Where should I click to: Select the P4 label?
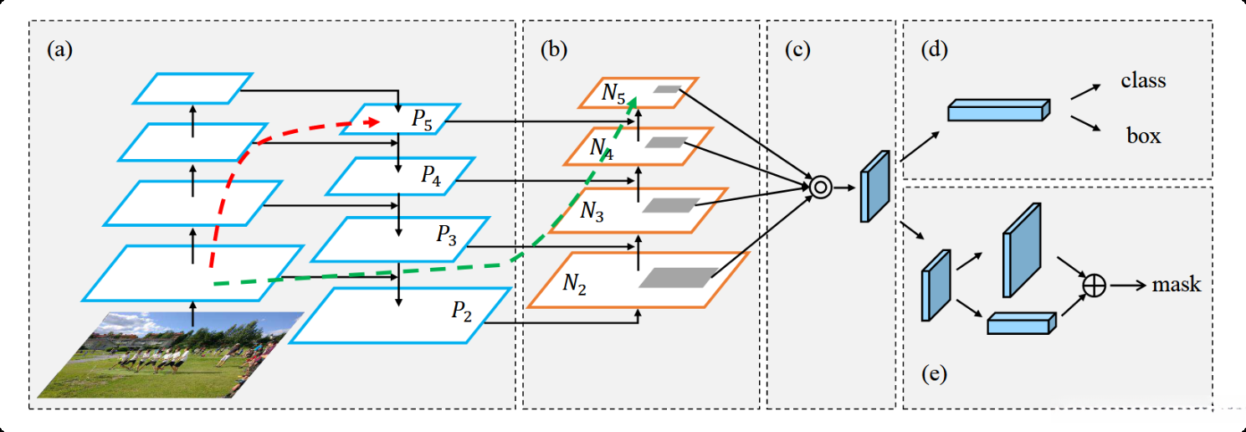(x=432, y=176)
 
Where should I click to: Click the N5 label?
(x=613, y=94)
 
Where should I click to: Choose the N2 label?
(x=574, y=284)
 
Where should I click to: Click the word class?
(x=1143, y=81)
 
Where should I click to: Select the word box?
(x=1143, y=136)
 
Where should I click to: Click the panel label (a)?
(x=60, y=49)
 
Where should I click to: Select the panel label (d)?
(x=934, y=49)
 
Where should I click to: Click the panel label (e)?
(x=933, y=373)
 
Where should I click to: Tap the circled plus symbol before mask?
(x=1094, y=285)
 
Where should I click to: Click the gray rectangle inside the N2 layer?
(x=678, y=278)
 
